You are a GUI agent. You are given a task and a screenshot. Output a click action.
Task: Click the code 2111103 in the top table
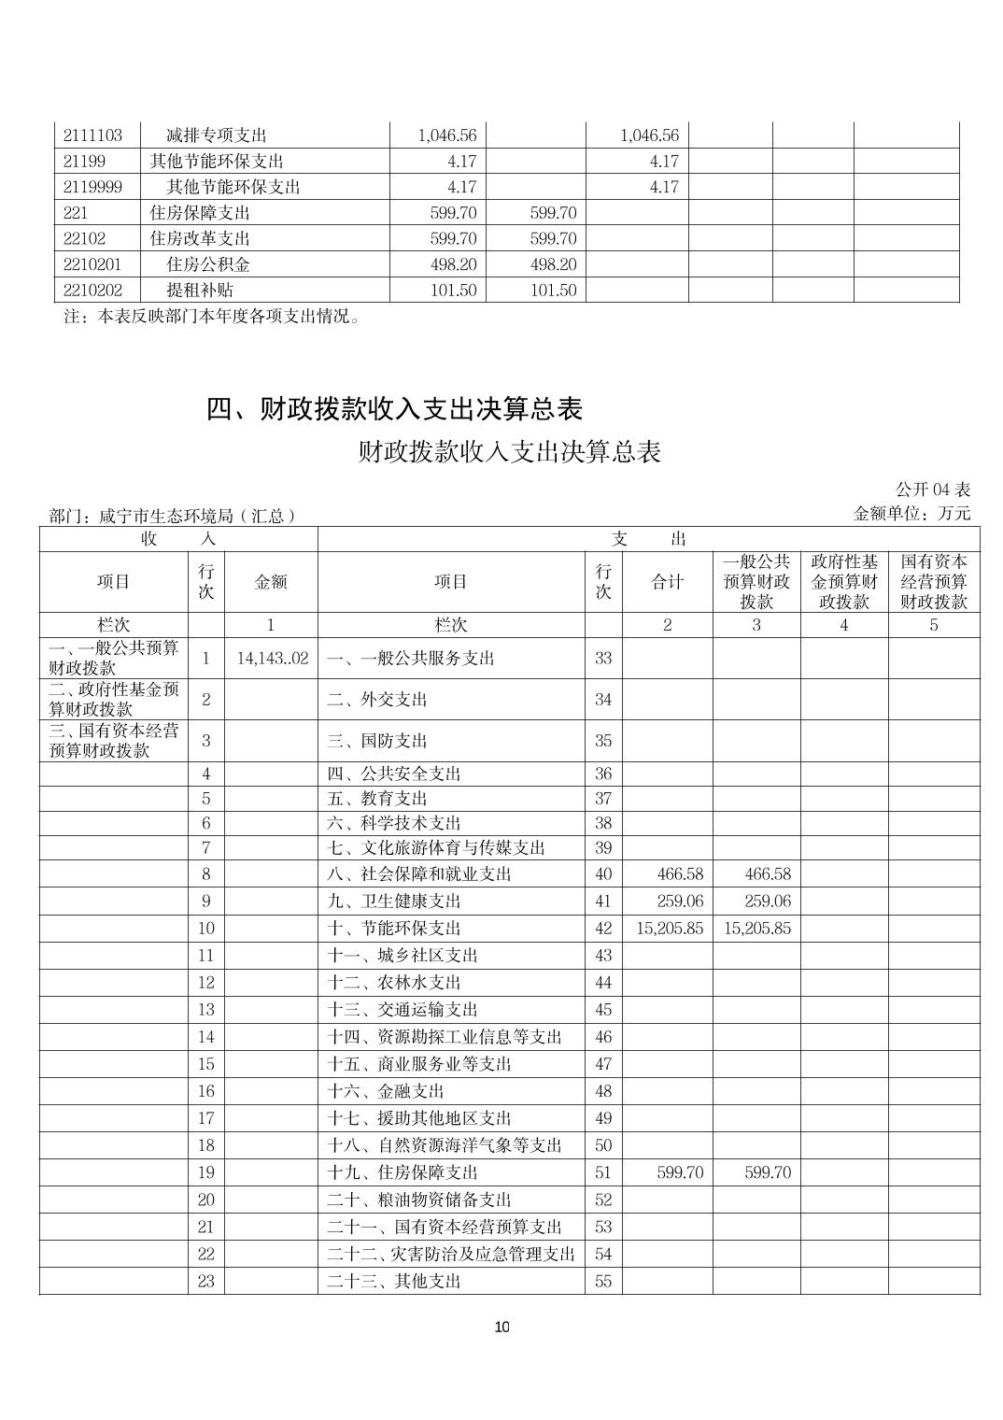[x=92, y=135]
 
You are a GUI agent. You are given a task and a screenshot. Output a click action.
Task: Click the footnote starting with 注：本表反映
[x=212, y=317]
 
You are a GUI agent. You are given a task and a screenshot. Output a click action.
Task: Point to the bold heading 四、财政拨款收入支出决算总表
[x=394, y=409]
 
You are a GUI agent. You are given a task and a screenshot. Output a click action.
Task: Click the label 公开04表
[x=933, y=490]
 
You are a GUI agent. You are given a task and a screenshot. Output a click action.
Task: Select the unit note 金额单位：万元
[x=911, y=513]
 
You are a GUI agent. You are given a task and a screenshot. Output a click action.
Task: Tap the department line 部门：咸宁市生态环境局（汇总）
[x=173, y=516]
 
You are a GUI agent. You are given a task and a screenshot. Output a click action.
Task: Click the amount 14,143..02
[x=272, y=659]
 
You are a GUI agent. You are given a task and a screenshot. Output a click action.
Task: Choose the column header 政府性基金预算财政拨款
[x=844, y=582]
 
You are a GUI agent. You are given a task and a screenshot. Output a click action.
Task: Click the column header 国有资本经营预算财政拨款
[x=933, y=582]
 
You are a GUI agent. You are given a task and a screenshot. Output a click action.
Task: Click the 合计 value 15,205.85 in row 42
[x=670, y=929]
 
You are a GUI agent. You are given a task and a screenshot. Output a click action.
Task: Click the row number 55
[x=603, y=1282]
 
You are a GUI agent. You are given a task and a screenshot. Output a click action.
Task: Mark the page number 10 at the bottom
[x=501, y=1328]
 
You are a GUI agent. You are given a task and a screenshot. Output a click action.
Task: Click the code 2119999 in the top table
[x=92, y=187]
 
